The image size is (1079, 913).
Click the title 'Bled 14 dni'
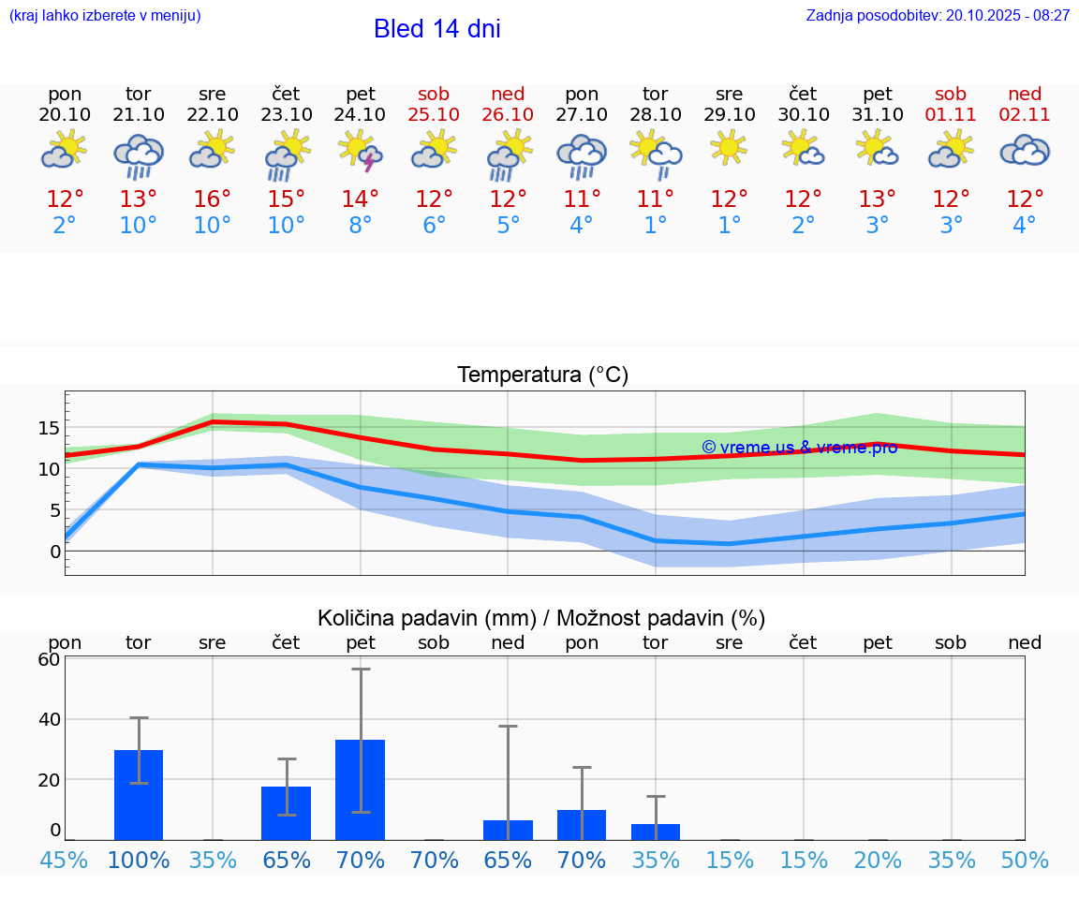point(436,29)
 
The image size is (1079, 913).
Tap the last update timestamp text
point(938,15)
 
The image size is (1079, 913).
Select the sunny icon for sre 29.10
point(729,148)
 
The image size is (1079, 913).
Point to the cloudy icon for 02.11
point(1025,150)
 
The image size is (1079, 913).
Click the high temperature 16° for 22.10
point(213,199)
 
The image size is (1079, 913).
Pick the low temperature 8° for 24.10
point(361,226)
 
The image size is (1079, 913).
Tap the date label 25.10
point(434,114)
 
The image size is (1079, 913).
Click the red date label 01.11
point(951,114)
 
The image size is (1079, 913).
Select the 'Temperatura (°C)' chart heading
point(543,376)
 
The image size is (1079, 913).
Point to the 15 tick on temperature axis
point(49,428)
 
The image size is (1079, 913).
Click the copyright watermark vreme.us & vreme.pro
point(799,448)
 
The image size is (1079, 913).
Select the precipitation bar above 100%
point(139,795)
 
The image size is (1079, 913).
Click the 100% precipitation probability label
point(139,861)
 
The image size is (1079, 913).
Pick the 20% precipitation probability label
point(878,861)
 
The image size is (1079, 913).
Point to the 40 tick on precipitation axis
point(49,719)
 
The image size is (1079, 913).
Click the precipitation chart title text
point(541,618)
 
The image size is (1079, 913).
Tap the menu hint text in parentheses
point(105,15)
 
